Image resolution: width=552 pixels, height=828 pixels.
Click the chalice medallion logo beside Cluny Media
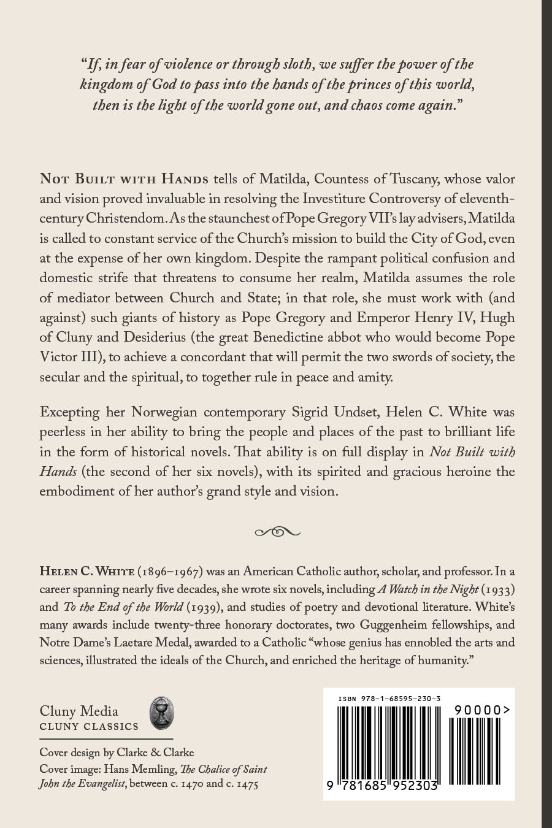(162, 714)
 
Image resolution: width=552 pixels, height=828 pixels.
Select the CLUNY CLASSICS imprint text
(89, 727)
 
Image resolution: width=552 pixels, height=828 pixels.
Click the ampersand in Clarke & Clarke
(154, 753)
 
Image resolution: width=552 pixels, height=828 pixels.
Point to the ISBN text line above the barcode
(389, 699)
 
